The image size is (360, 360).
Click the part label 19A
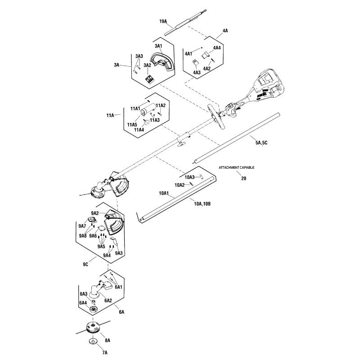tap(163, 21)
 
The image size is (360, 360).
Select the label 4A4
tap(216, 48)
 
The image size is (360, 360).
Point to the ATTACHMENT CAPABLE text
tap(236, 167)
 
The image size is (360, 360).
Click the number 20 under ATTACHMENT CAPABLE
tap(243, 178)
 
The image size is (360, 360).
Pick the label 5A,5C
tap(261, 143)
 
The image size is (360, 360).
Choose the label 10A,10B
tap(202, 203)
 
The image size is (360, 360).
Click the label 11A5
tap(132, 125)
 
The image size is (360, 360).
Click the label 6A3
tap(84, 294)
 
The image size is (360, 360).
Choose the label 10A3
tap(189, 177)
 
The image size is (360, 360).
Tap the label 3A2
tap(147, 65)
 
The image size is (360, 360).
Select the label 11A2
tap(161, 105)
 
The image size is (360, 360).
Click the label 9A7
tap(82, 225)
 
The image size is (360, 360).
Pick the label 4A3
tap(197, 72)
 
